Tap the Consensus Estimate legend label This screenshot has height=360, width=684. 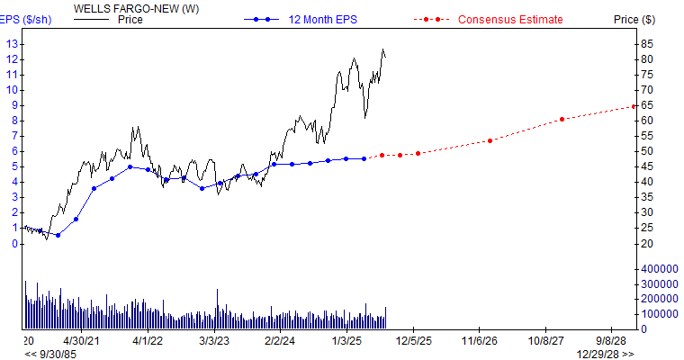click(x=510, y=19)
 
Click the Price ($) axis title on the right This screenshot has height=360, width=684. click(x=634, y=19)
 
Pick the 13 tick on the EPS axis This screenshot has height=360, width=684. click(x=12, y=43)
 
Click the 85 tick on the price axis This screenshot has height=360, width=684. click(x=646, y=43)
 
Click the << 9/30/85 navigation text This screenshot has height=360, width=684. click(x=45, y=354)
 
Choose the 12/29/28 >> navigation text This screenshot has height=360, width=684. click(x=605, y=354)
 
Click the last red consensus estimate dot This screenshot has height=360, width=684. click(x=634, y=106)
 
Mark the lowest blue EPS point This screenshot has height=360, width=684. click(x=58, y=235)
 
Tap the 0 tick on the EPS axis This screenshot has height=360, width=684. click(x=14, y=243)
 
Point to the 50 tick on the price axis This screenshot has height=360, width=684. click(x=646, y=151)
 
